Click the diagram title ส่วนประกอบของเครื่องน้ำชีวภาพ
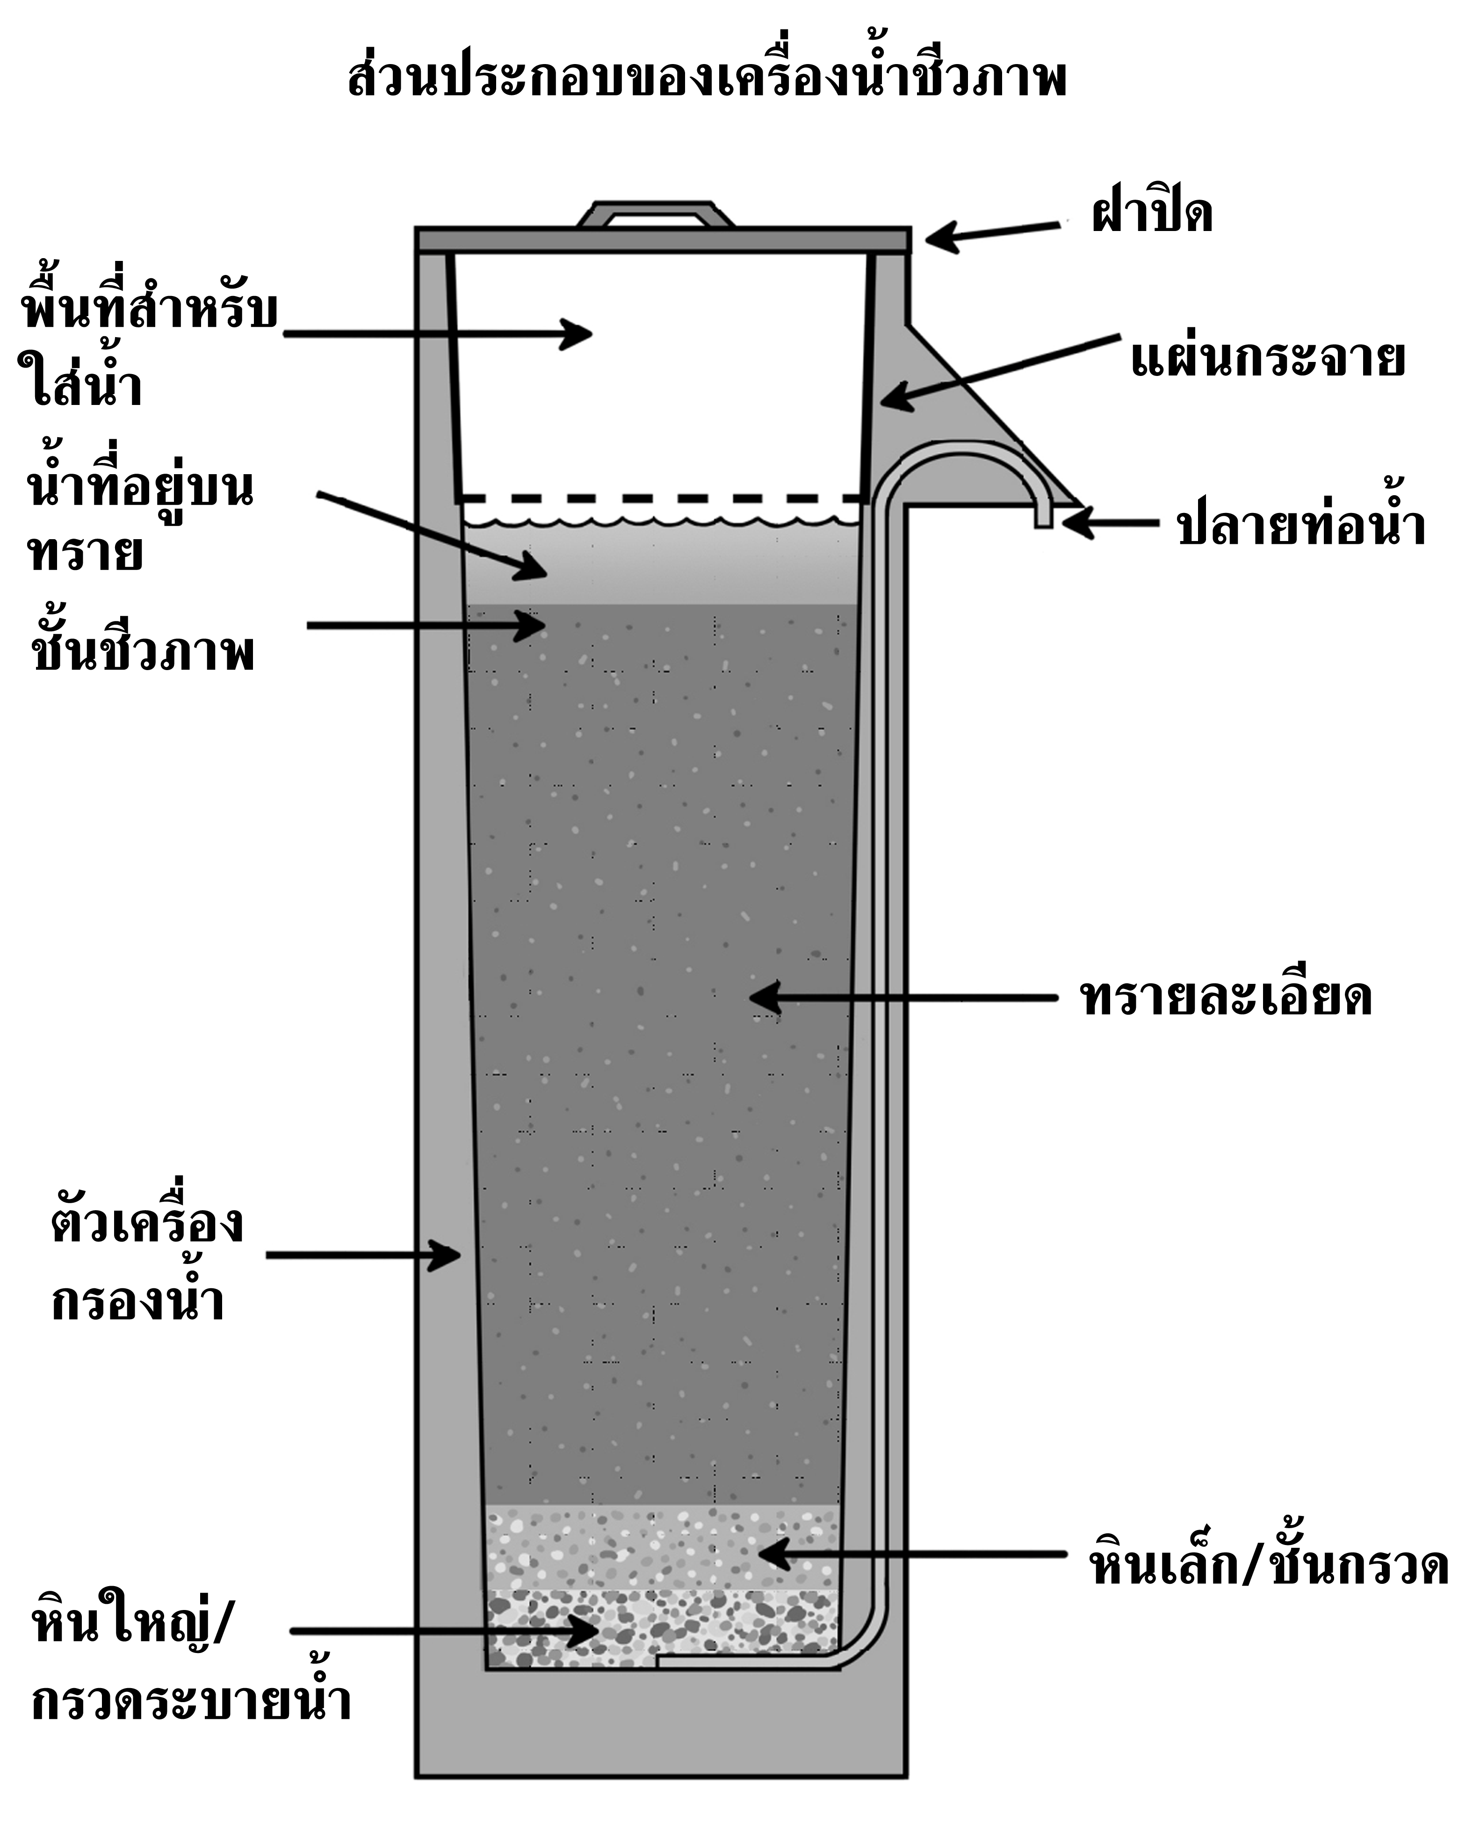click(707, 79)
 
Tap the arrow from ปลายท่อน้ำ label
click(1110, 523)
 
